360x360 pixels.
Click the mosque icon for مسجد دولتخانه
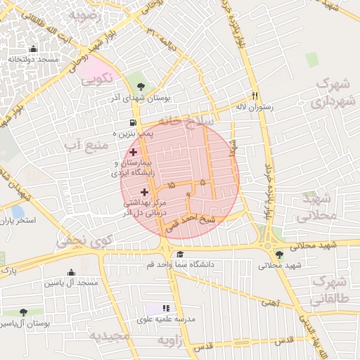pos(33,49)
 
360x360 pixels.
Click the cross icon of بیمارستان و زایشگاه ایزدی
pos(133,152)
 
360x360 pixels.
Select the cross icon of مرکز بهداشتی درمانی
pos(145,192)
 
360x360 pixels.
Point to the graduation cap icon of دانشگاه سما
pos(180,255)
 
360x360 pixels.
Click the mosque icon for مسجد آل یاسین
pos(70,273)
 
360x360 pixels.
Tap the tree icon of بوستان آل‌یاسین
pos(23,312)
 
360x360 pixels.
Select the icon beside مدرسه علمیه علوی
pos(167,308)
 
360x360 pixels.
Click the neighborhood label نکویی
pos(97,78)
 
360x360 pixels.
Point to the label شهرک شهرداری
pos(331,93)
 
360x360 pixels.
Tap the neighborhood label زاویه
pos(174,341)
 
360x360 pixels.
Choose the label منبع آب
pos(86,145)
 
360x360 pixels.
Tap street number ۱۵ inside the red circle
pos(172,186)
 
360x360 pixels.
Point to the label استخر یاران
pos(18,220)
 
